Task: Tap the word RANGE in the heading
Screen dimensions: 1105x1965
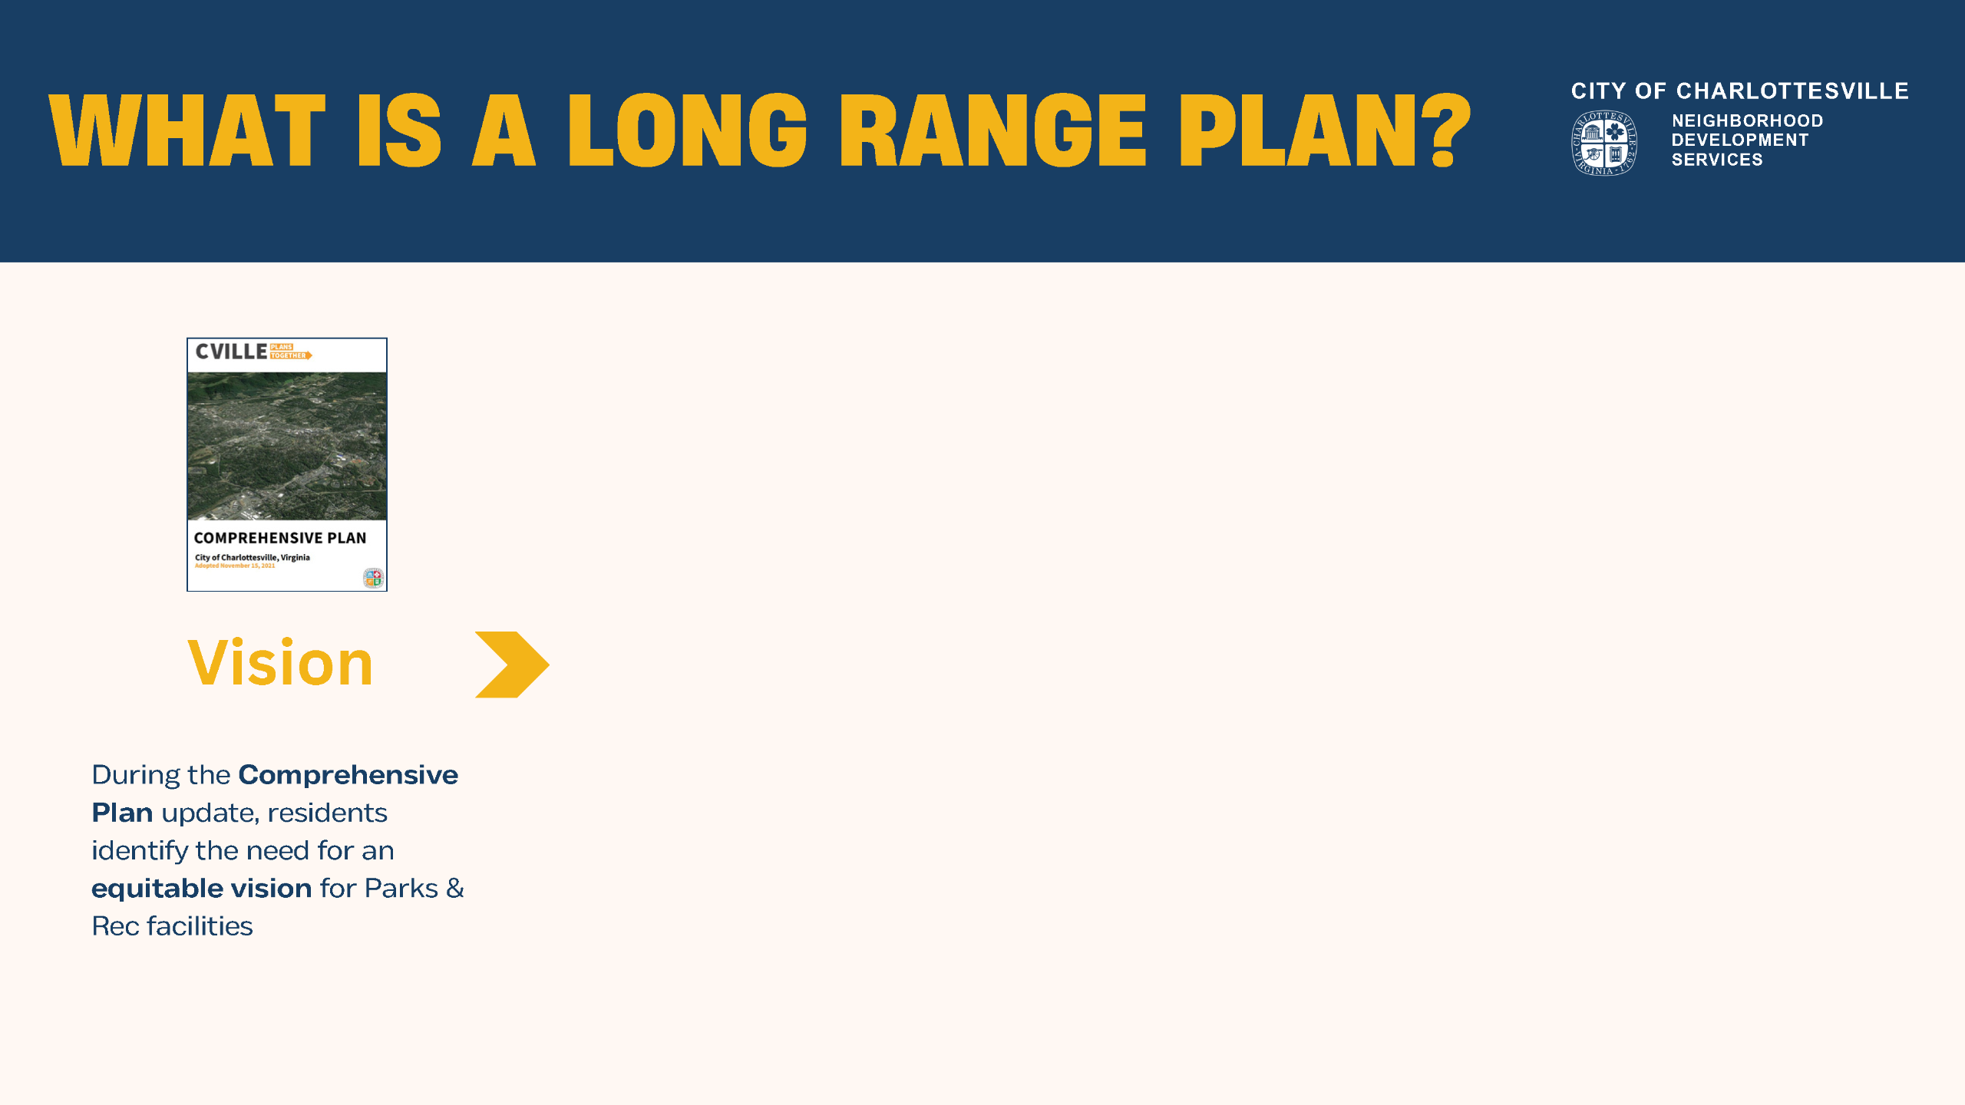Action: (x=993, y=130)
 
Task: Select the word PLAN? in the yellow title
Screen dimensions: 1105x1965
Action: (x=1325, y=130)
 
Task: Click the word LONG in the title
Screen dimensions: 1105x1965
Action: (x=687, y=130)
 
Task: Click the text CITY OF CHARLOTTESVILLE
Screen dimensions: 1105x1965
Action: (x=1739, y=91)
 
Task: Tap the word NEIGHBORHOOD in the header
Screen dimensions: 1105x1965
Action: (x=1747, y=121)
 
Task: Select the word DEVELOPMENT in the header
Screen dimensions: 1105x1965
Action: (x=1739, y=140)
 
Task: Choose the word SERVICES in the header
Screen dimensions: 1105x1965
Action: (x=1717, y=160)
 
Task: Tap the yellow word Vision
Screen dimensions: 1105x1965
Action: (x=280, y=663)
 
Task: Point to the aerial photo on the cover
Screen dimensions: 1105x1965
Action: (x=287, y=446)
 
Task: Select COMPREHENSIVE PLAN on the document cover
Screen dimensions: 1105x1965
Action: (x=280, y=538)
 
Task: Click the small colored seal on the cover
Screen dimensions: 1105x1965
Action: (x=373, y=578)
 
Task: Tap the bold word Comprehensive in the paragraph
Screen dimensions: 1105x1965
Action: (x=348, y=775)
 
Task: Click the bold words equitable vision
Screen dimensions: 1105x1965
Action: (x=201, y=889)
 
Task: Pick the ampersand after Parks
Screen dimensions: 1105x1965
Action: (x=455, y=889)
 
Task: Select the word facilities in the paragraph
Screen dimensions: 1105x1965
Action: (x=200, y=926)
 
